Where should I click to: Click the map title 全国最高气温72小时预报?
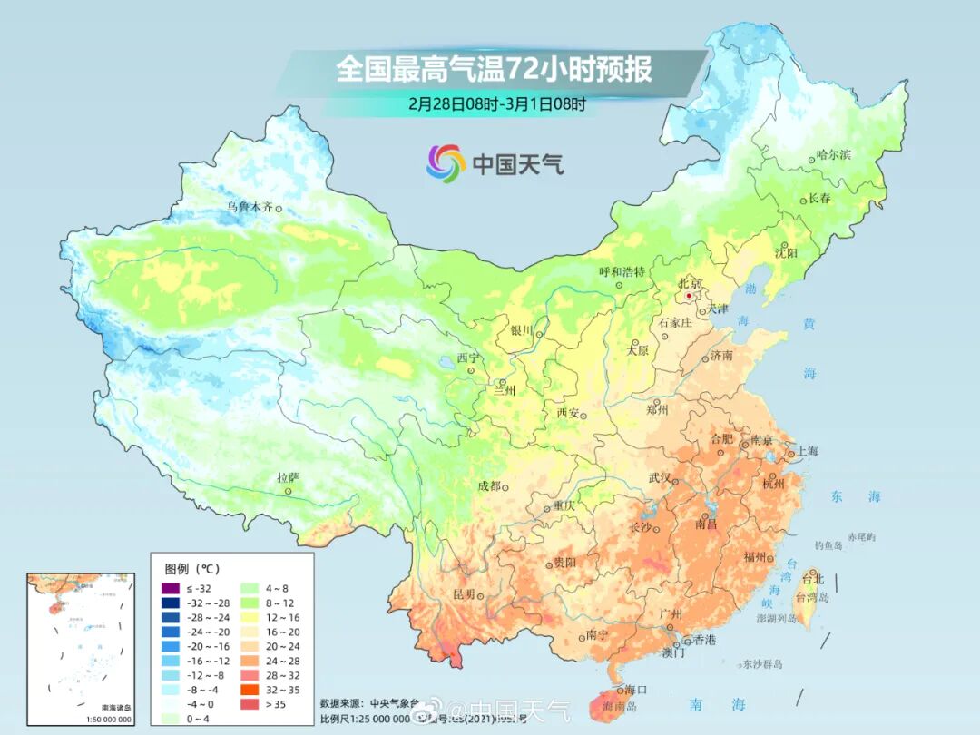coord(495,69)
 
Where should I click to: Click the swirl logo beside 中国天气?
coord(446,162)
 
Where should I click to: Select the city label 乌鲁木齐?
coord(249,207)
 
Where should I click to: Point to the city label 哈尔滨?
coord(833,155)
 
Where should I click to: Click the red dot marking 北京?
coord(690,296)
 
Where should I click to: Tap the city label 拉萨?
coord(288,477)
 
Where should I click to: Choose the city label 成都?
coord(489,485)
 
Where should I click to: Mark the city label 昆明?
coord(464,594)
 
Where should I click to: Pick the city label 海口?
coord(635,690)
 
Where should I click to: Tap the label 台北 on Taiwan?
coord(812,579)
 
